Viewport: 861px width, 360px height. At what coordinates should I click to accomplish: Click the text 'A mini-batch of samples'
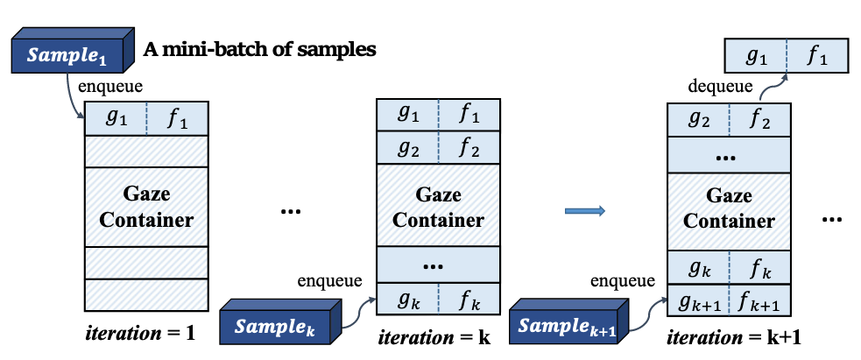[260, 50]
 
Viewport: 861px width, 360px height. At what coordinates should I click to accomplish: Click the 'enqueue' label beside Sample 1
[109, 87]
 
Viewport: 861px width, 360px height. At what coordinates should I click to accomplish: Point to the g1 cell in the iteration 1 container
[115, 119]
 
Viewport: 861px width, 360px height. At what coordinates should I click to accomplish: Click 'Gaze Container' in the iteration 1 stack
[145, 206]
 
